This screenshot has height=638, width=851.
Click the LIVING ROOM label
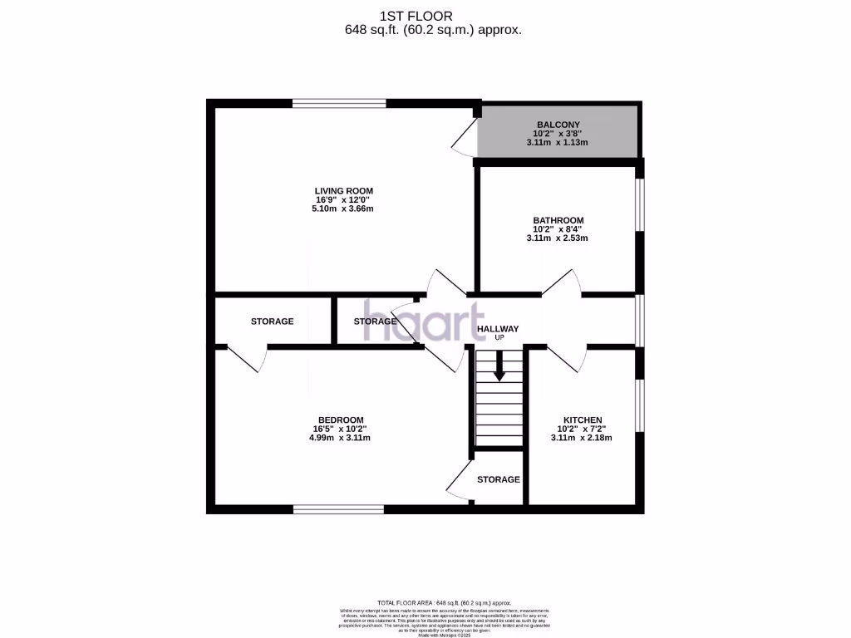pyautogui.click(x=343, y=191)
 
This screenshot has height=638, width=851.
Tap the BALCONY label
pyautogui.click(x=557, y=125)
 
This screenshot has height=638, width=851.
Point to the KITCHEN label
pyautogui.click(x=583, y=420)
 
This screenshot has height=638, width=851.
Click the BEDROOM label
pyautogui.click(x=341, y=420)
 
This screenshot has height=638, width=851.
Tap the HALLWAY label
pyautogui.click(x=498, y=329)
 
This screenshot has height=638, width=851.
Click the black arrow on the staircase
pyautogui.click(x=499, y=366)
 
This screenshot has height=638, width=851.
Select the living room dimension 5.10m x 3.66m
pyautogui.click(x=343, y=209)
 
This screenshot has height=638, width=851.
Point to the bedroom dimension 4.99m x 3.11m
pyautogui.click(x=340, y=438)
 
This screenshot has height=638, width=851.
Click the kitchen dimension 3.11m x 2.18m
pyautogui.click(x=582, y=438)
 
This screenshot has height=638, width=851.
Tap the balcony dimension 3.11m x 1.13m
pyautogui.click(x=557, y=142)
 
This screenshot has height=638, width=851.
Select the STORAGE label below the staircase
pyautogui.click(x=499, y=479)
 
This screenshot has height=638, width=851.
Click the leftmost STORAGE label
pyautogui.click(x=273, y=321)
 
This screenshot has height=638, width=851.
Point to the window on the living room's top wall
pyautogui.click(x=339, y=104)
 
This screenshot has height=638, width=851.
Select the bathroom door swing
pyautogui.click(x=561, y=283)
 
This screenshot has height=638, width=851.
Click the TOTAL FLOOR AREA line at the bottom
pyautogui.click(x=444, y=602)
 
